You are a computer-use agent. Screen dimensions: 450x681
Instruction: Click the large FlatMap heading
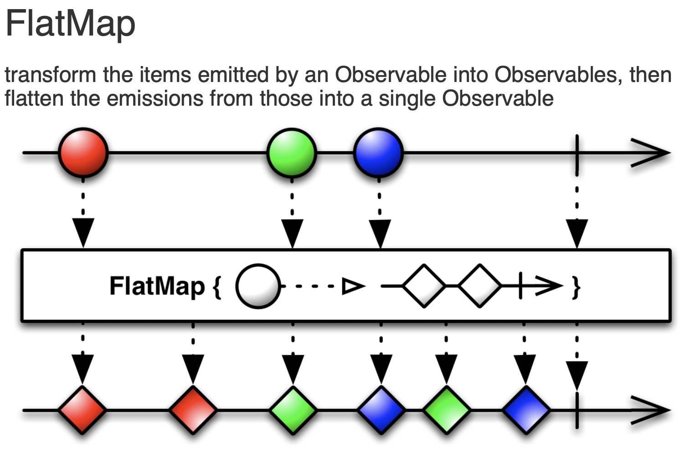71,24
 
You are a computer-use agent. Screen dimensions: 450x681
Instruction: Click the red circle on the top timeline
83,153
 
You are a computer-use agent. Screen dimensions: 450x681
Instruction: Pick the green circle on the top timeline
291,153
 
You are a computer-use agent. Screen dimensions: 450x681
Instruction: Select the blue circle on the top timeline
378,153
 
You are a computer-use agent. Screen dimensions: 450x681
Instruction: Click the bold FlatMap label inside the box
157,286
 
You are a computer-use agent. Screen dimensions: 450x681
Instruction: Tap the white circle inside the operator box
258,286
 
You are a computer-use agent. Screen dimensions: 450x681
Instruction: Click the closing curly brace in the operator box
576,287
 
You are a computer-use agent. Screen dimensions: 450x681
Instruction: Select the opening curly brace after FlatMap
217,287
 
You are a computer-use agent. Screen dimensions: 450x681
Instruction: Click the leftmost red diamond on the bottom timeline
83,410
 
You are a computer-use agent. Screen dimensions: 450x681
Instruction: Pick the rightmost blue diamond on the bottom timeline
526,410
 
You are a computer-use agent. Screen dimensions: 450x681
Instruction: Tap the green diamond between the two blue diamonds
447,410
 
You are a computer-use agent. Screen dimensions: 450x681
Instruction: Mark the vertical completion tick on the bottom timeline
577,410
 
